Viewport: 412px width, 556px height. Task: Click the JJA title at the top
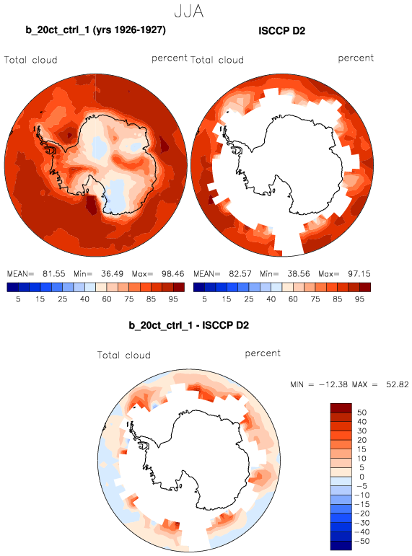[x=189, y=12]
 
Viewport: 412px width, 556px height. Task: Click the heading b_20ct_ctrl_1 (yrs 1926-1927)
[x=95, y=30]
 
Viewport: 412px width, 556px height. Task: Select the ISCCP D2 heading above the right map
[x=282, y=31]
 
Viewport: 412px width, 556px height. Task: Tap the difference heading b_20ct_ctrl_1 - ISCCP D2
[x=189, y=325]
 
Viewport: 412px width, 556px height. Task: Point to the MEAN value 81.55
[x=54, y=274]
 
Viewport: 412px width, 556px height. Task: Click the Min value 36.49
[x=112, y=274]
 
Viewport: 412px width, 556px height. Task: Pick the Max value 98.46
[x=173, y=274]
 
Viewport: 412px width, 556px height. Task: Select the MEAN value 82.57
[x=240, y=274]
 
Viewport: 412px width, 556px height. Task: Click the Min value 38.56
[x=299, y=274]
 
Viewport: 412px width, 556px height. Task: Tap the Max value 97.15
[x=359, y=274]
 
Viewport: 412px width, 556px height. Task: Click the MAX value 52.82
[x=398, y=384]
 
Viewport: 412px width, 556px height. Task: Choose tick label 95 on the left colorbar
[x=173, y=299]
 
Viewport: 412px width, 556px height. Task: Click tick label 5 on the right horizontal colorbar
[x=204, y=299]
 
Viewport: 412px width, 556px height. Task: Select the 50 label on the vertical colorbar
[x=361, y=412]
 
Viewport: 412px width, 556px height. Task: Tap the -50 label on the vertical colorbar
[x=362, y=541]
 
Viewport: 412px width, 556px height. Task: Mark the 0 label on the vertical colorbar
[x=361, y=477]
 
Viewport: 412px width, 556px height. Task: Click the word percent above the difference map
[x=263, y=353]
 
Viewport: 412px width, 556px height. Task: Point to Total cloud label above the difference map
[x=124, y=355]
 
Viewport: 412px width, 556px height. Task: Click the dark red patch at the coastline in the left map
[x=92, y=205]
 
